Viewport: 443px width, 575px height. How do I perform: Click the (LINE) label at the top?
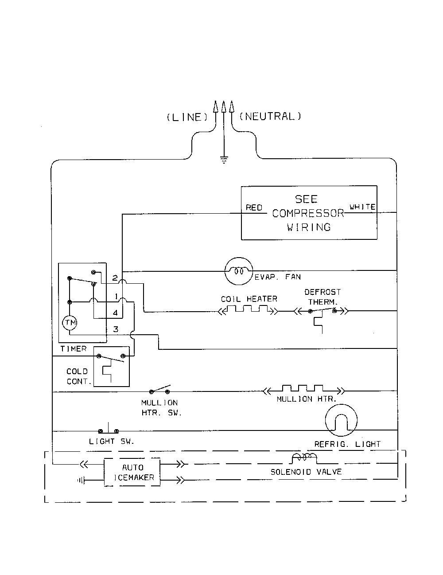click(187, 117)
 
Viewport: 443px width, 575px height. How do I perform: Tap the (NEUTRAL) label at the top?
click(270, 117)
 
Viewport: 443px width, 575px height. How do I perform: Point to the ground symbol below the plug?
click(224, 160)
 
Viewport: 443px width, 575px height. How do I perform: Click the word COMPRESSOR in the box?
click(308, 213)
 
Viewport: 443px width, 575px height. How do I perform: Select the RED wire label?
click(254, 208)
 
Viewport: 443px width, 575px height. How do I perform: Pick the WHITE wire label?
click(363, 207)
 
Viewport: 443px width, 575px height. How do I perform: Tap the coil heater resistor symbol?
click(249, 310)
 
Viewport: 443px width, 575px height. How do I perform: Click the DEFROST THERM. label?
click(323, 297)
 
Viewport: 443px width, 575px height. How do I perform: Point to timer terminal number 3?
click(116, 329)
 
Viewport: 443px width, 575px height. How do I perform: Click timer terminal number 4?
click(116, 313)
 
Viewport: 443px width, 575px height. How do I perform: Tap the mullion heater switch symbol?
click(159, 390)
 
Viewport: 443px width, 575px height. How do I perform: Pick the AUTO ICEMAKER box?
click(132, 473)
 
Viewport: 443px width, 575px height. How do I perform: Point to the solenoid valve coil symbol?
click(304, 458)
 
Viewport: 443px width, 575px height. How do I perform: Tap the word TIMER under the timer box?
click(74, 349)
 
